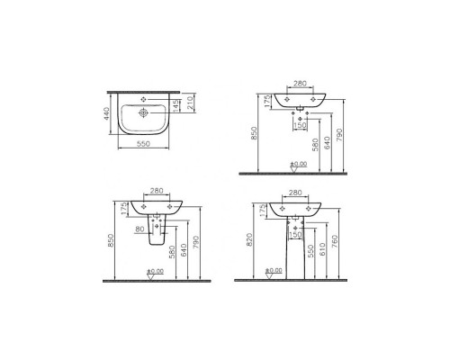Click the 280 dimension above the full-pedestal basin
coord(294,193)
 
